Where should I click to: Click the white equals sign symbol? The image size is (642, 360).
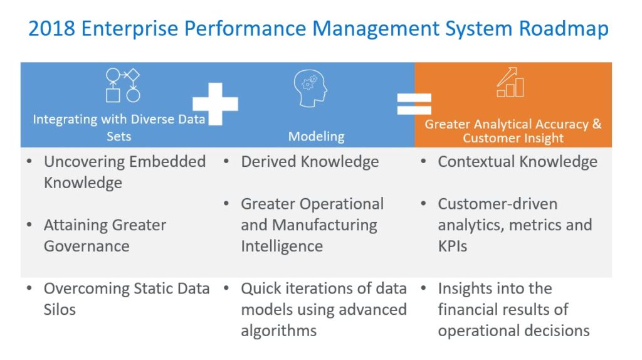414,103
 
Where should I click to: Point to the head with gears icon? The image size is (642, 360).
310,88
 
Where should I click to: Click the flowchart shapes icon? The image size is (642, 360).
122,85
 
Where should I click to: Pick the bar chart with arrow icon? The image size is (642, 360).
510,83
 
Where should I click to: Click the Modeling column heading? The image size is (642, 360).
316,136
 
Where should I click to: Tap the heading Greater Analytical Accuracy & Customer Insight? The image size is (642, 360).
513,131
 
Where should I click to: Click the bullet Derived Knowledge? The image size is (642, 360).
310,162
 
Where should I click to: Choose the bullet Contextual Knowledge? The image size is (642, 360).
517,162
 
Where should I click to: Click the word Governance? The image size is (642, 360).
87,246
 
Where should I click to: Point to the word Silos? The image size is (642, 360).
60,309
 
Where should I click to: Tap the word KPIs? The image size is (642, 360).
452,246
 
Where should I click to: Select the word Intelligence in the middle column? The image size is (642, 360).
282,246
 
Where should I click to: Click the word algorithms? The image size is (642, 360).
278,331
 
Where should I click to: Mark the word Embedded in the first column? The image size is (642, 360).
166,162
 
